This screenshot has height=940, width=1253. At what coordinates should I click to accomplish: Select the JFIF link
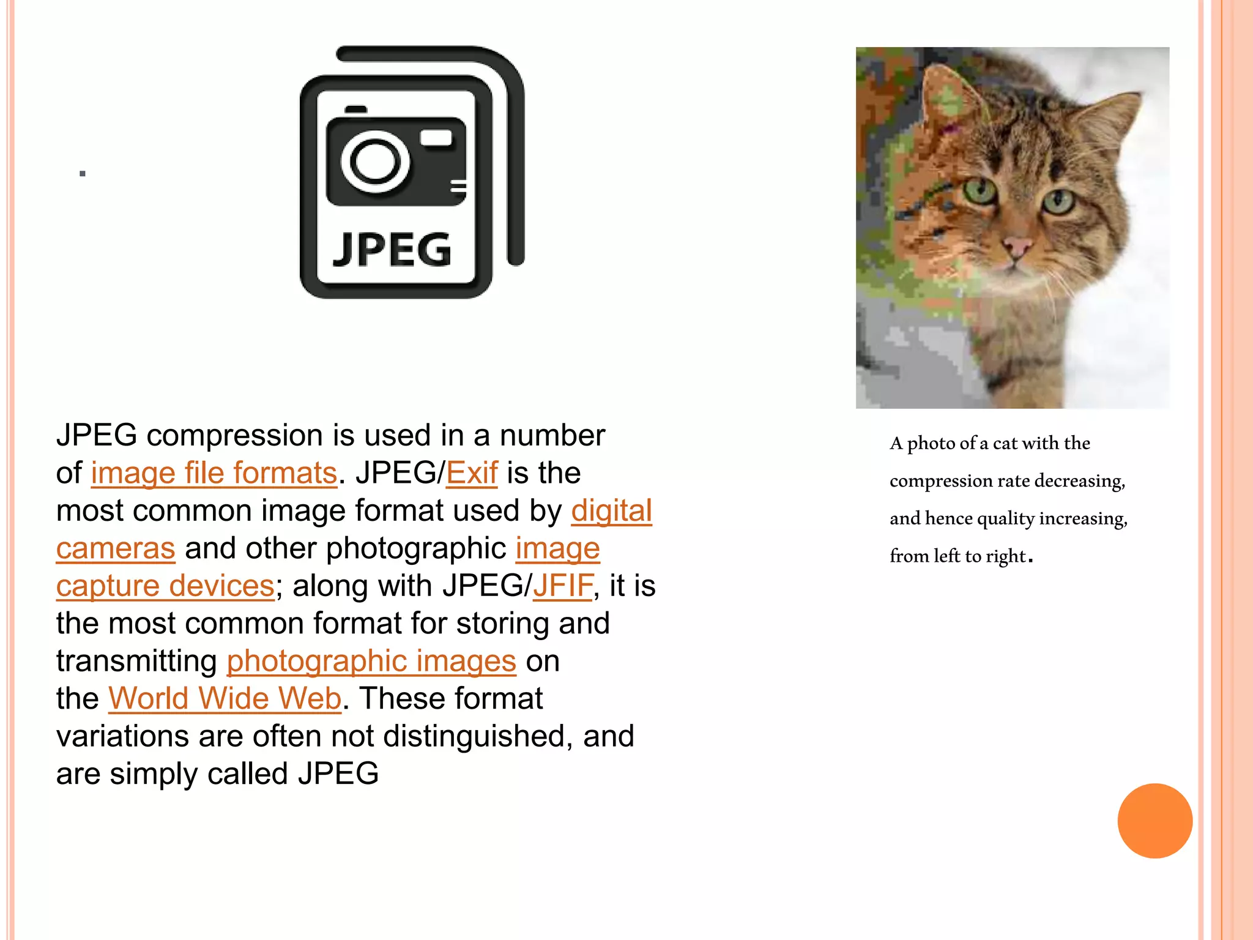[x=563, y=586]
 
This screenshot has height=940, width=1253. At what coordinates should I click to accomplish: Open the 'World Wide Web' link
[x=225, y=699]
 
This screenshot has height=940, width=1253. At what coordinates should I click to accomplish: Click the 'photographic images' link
[x=371, y=662]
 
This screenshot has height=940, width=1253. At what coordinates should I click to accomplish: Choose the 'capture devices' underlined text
[x=165, y=586]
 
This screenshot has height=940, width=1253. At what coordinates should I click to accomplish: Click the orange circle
[x=1154, y=821]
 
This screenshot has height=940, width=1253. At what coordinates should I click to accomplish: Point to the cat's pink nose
[x=1017, y=247]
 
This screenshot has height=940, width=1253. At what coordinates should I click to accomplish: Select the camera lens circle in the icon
[x=374, y=162]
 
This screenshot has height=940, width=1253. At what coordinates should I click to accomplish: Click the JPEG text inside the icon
[x=392, y=250]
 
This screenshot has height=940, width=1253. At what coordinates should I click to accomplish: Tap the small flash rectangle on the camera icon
[x=436, y=138]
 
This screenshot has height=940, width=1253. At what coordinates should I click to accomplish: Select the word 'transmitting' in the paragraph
[x=136, y=662]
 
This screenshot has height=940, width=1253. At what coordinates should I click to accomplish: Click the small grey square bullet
[x=83, y=174]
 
